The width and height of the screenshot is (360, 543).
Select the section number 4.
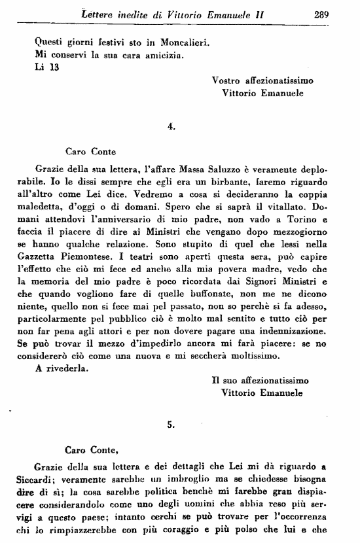[171, 128]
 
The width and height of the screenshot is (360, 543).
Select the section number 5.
[171, 424]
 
